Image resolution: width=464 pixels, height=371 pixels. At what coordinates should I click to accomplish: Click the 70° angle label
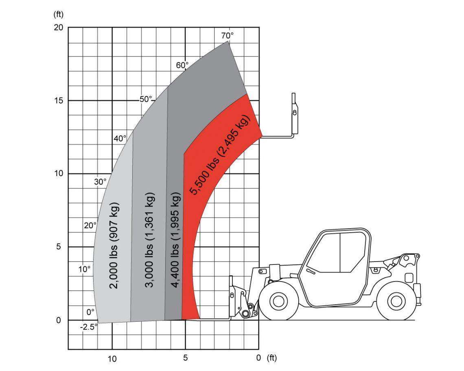point(228,35)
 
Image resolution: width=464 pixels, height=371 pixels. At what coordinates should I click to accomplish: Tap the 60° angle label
point(182,65)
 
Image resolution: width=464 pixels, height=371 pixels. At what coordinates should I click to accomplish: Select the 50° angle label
point(145,99)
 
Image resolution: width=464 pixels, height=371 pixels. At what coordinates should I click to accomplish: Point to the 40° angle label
point(120,138)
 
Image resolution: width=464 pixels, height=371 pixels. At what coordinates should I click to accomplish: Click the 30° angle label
point(100,182)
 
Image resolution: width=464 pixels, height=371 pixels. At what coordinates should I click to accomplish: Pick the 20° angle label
point(90,225)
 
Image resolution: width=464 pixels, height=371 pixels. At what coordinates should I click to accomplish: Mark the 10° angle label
point(84,269)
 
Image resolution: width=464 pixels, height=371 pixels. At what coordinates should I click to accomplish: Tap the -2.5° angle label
point(88,327)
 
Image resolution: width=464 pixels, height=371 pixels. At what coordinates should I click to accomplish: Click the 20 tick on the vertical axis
point(58,27)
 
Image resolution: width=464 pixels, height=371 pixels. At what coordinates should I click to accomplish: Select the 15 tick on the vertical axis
point(58,100)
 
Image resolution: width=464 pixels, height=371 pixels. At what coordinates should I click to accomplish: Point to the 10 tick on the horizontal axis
point(112,358)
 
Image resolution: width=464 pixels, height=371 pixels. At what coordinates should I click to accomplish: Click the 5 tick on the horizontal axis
point(185,358)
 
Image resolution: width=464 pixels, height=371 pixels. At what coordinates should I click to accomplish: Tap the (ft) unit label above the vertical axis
point(59,14)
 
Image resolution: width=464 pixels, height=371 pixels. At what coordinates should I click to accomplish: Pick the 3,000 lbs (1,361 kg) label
point(149,240)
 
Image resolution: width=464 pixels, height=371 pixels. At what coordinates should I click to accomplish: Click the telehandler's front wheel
point(279,301)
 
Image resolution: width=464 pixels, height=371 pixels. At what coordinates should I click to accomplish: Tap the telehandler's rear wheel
point(396,301)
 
